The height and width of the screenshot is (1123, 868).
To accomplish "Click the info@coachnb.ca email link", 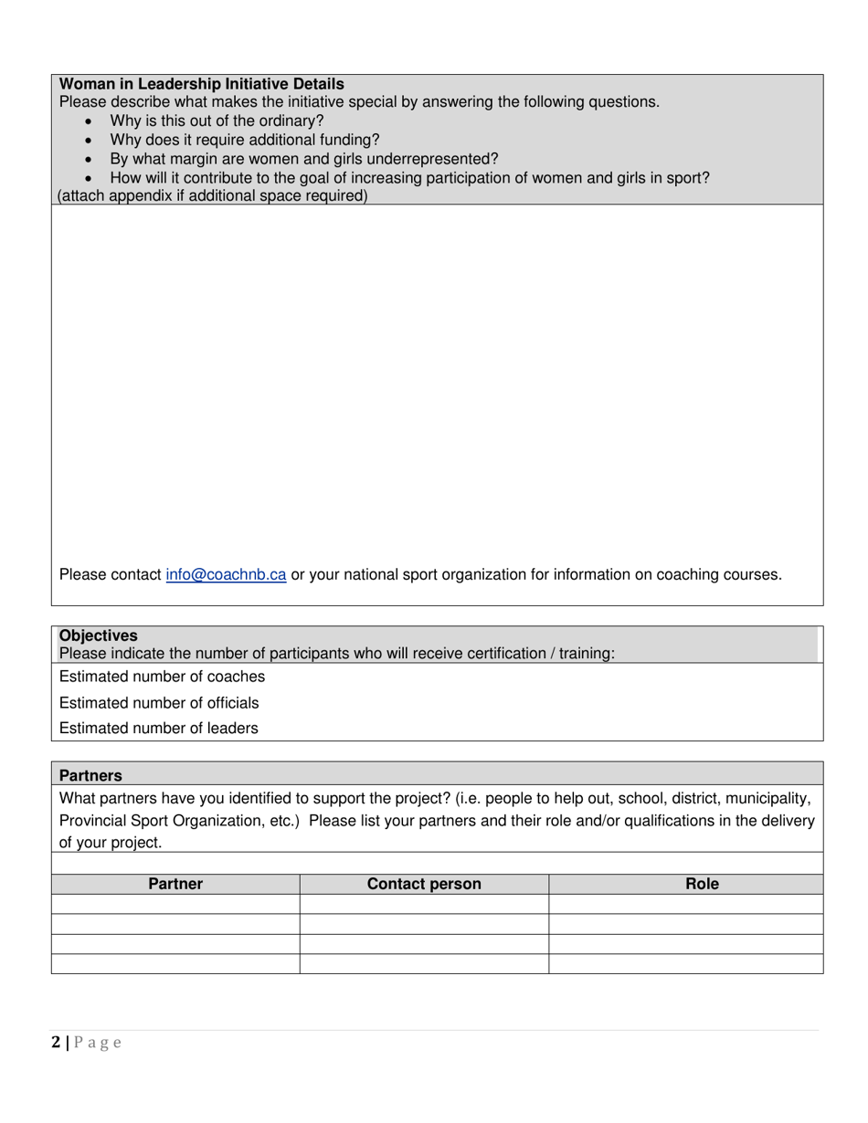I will (x=226, y=575).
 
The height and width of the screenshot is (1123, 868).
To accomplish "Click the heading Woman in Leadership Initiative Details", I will (x=201, y=84).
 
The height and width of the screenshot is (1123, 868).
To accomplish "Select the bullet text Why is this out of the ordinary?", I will (x=217, y=121).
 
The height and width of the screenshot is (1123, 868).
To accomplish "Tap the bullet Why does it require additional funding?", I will (x=244, y=140).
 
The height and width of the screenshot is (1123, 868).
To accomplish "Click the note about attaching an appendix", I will (x=213, y=196).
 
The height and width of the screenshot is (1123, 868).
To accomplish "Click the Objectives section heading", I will (x=99, y=635).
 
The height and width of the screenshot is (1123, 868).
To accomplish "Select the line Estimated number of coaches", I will (x=162, y=677).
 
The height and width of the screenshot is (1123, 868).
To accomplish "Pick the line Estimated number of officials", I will (x=159, y=703).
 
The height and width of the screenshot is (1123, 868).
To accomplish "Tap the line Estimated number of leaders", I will (x=158, y=729).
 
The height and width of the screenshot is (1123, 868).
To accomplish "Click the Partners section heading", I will (x=90, y=776).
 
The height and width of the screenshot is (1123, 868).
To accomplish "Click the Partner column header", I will (x=175, y=884).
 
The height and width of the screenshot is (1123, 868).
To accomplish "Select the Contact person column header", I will (x=424, y=884).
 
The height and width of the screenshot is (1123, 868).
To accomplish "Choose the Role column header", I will (x=702, y=884).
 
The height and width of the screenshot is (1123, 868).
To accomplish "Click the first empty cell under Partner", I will (x=175, y=904).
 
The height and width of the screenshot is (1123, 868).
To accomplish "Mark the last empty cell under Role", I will (x=685, y=964).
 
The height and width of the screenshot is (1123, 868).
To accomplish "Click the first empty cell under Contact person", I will (x=424, y=904).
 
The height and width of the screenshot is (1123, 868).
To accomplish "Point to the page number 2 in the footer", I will (x=57, y=1043).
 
